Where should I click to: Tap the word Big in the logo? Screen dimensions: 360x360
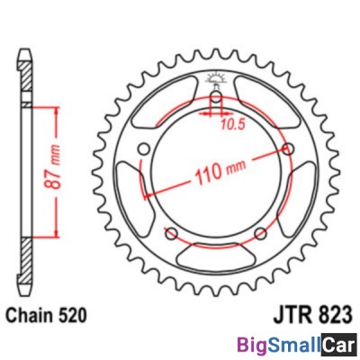pyautogui.click(x=253, y=344)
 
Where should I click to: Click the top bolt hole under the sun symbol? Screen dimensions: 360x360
pyautogui.click(x=216, y=98)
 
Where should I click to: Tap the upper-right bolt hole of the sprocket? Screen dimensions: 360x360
pyautogui.click(x=288, y=149)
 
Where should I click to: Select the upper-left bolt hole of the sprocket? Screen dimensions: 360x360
pyautogui.click(x=145, y=150)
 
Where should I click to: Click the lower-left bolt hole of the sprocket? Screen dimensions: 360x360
pyautogui.click(x=172, y=235)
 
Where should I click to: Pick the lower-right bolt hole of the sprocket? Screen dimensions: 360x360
pyautogui.click(x=261, y=235)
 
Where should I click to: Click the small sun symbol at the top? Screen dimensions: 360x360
pyautogui.click(x=216, y=79)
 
